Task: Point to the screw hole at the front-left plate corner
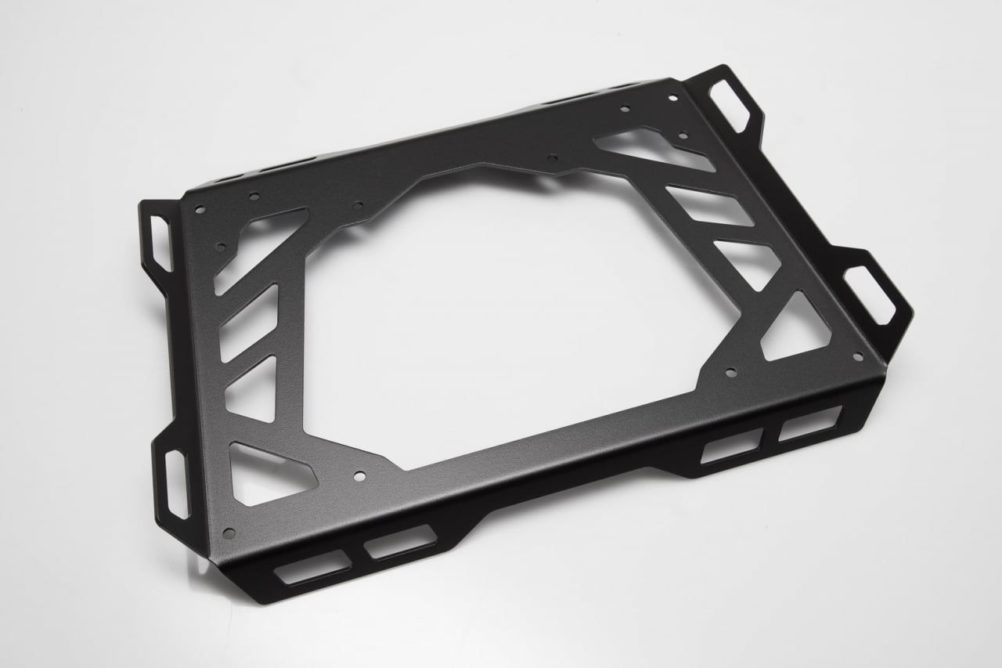(x=229, y=533)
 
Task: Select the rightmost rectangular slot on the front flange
(x=810, y=424)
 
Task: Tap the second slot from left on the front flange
(x=400, y=542)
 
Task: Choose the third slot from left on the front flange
(x=732, y=446)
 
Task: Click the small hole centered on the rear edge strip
(x=553, y=157)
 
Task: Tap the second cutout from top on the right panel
(x=708, y=205)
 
